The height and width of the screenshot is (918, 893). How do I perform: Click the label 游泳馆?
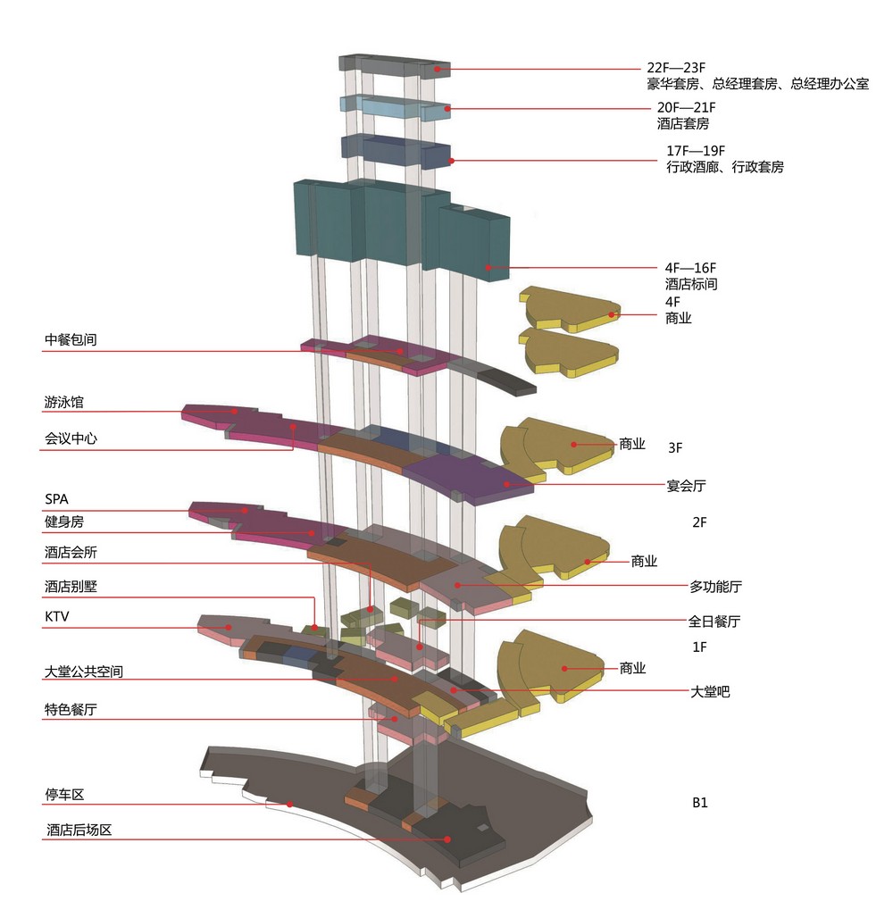[x=64, y=402]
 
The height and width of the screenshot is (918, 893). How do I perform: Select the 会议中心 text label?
[x=71, y=438]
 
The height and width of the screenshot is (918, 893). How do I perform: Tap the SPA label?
[x=57, y=499]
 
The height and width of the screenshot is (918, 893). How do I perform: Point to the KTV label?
[x=57, y=616]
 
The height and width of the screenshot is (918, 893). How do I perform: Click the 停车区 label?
[x=64, y=795]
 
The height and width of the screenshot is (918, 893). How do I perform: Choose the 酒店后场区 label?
[x=79, y=830]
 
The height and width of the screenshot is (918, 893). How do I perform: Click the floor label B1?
[x=700, y=803]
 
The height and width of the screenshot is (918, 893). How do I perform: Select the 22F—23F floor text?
[x=676, y=68]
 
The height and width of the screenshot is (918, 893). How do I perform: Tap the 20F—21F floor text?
[x=687, y=108]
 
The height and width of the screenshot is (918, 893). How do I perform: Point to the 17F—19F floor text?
[x=696, y=151]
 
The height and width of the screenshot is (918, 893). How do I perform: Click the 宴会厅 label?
[x=687, y=486]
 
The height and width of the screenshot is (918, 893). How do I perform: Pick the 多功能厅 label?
[x=715, y=586]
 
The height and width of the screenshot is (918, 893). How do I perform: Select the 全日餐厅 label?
[x=714, y=622]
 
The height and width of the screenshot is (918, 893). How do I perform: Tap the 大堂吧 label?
[x=710, y=691]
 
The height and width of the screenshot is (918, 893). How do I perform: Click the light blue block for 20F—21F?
[x=396, y=109]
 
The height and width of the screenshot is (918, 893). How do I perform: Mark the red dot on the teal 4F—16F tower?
[x=488, y=268]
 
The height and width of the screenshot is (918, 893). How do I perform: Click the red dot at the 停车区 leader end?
[x=289, y=804]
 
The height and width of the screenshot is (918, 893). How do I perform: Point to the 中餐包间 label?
[x=71, y=339]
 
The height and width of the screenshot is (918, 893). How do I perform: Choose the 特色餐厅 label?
[x=71, y=710]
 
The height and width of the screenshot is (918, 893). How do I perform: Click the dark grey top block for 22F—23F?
[x=395, y=65]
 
